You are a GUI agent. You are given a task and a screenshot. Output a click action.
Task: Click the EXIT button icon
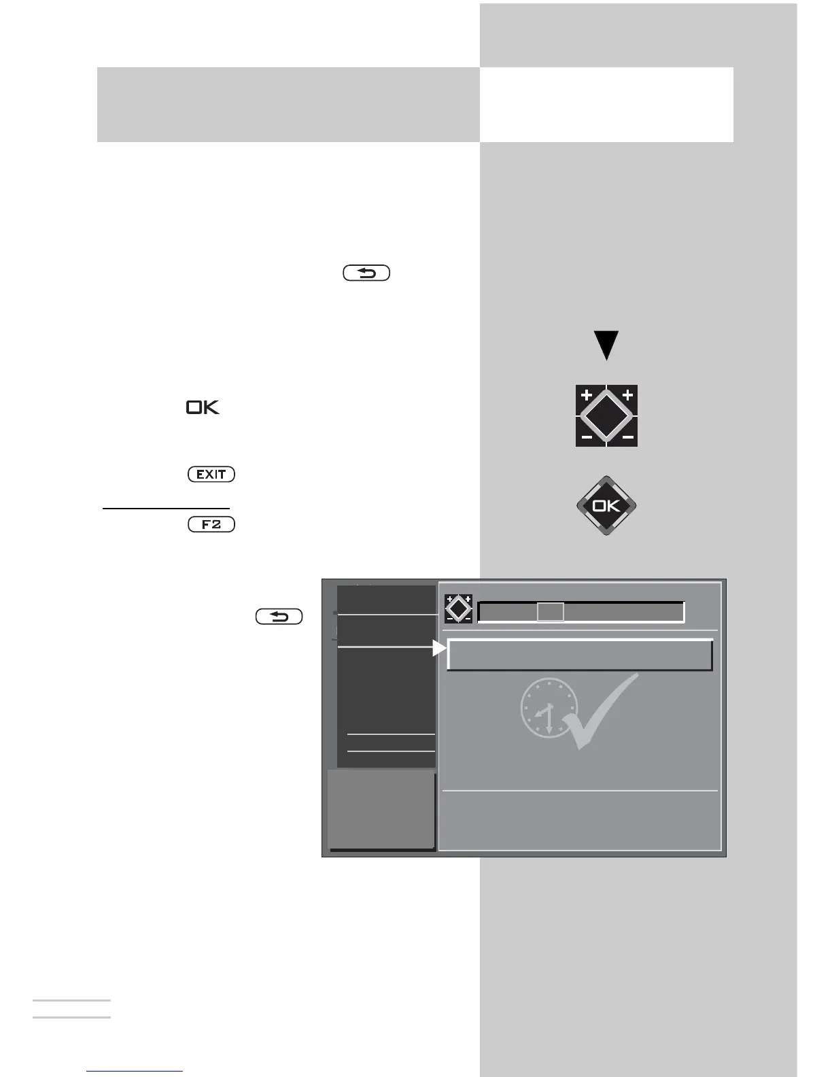(x=211, y=475)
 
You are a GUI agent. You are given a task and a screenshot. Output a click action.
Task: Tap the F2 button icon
(x=211, y=525)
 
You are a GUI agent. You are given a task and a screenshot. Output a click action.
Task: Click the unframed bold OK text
(x=203, y=408)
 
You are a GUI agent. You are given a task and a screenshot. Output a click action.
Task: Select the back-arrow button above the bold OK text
(x=366, y=273)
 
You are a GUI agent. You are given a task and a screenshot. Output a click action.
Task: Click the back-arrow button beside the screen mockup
(x=279, y=617)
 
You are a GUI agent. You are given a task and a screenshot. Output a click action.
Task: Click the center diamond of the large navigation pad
(x=606, y=415)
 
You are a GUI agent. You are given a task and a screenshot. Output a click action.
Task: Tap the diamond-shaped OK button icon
(x=606, y=506)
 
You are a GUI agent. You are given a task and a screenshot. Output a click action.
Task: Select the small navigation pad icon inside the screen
(x=458, y=609)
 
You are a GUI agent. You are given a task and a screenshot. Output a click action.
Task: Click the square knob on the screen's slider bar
(x=551, y=612)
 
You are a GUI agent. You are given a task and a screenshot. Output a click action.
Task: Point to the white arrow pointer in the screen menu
(x=439, y=649)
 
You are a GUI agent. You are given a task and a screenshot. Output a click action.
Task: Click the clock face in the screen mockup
(x=549, y=707)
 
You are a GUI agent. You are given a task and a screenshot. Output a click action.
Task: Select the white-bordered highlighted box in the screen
(x=580, y=655)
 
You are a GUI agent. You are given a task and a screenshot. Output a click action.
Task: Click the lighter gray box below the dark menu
(x=381, y=809)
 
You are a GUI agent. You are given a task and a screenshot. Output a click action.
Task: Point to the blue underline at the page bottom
(x=135, y=1072)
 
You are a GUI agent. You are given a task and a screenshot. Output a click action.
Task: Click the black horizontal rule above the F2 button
(x=166, y=508)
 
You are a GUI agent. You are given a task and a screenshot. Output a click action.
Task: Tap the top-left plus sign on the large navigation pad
(x=587, y=395)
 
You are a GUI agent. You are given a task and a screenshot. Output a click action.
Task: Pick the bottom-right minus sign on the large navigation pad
(x=627, y=437)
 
